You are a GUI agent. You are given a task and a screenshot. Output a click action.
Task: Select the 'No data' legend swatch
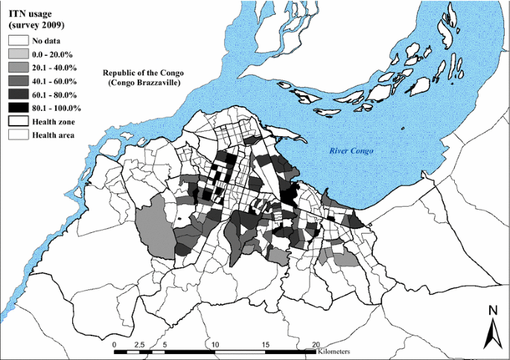point(18,40)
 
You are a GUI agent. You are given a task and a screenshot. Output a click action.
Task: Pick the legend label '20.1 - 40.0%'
point(57,67)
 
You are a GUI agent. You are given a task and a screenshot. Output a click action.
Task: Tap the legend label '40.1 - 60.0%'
point(57,80)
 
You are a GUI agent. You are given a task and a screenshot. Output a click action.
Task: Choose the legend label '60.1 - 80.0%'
point(57,94)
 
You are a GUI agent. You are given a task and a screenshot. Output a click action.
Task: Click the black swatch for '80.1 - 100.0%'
point(18,108)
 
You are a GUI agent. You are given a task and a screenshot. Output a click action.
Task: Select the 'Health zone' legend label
point(54,121)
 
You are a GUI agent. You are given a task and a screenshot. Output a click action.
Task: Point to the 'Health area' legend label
point(54,135)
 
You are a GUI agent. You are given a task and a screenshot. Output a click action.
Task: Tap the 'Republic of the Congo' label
point(142,73)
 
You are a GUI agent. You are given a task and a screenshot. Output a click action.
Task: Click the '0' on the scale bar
point(114,345)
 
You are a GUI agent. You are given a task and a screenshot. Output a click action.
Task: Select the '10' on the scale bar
point(215,345)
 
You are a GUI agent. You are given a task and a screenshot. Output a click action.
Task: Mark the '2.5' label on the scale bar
point(138,345)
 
